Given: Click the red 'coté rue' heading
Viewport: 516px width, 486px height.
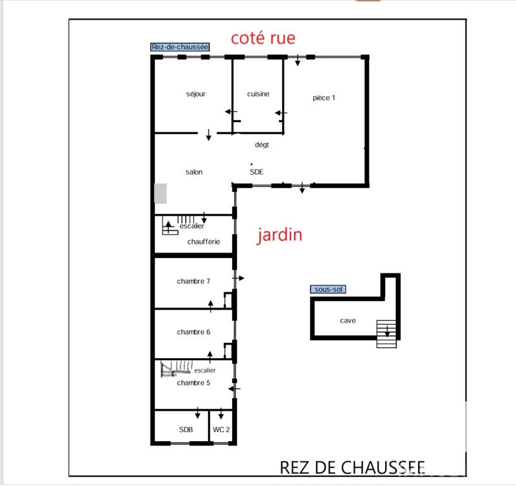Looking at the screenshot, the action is [263, 38].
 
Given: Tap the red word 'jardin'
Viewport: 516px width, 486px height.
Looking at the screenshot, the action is [279, 235].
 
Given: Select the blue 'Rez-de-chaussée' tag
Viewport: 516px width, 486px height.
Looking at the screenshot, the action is [180, 47].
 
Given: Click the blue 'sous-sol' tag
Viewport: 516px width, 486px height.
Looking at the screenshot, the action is [328, 289].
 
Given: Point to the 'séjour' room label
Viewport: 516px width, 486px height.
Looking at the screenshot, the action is [196, 94].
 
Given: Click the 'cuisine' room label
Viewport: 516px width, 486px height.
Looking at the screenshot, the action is [259, 94].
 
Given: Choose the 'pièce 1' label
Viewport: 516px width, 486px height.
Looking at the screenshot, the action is [324, 98].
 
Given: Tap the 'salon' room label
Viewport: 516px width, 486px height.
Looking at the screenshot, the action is [194, 172].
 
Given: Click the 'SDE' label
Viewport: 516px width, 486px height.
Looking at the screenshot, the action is [256, 172].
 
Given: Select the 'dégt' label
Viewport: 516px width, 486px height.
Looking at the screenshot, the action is [262, 145].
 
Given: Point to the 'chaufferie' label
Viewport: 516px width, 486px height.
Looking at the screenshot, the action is [204, 242].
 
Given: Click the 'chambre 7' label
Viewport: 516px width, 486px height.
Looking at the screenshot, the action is [193, 281].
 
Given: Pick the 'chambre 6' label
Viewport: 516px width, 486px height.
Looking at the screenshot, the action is [193, 332].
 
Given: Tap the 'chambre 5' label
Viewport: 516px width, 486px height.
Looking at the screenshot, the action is [193, 383].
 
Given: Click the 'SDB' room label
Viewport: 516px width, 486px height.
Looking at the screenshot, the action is [186, 430].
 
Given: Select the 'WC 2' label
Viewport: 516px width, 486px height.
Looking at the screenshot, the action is [221, 430].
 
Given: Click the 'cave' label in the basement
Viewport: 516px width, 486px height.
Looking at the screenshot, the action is [348, 321].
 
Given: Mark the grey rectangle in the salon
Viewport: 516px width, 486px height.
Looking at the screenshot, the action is [161, 194].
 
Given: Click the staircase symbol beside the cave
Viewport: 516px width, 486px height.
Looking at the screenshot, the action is [386, 334].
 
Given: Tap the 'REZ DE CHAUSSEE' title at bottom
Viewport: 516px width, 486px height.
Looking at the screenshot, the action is [352, 468].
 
